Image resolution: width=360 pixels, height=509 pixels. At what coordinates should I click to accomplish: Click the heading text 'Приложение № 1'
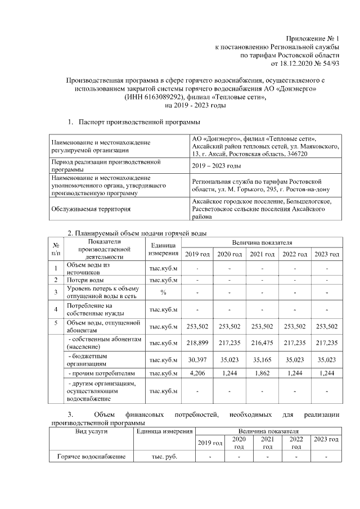(314, 38)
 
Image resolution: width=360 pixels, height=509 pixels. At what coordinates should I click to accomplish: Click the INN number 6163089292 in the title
(165, 97)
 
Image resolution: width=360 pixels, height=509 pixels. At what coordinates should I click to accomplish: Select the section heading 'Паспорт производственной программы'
(139, 121)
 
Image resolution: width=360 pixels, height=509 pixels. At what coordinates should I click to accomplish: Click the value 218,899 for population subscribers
(197, 343)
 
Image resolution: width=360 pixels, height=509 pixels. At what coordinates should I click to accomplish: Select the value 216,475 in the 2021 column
(262, 343)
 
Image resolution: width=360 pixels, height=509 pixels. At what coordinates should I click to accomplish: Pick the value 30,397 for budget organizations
(197, 360)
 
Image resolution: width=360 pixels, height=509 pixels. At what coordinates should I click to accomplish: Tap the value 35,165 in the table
(262, 360)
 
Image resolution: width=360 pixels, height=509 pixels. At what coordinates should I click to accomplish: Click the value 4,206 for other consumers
(197, 373)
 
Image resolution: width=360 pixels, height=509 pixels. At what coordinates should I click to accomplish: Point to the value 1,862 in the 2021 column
(262, 373)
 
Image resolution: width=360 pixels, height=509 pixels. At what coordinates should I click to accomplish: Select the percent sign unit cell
(163, 292)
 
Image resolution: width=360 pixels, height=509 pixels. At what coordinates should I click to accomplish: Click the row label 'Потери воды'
(85, 280)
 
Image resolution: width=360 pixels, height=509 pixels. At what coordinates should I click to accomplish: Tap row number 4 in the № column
(56, 309)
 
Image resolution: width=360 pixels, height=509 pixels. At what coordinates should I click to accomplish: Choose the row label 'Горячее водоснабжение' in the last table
(92, 456)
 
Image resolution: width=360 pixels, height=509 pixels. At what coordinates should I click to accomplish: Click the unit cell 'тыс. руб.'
(164, 456)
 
